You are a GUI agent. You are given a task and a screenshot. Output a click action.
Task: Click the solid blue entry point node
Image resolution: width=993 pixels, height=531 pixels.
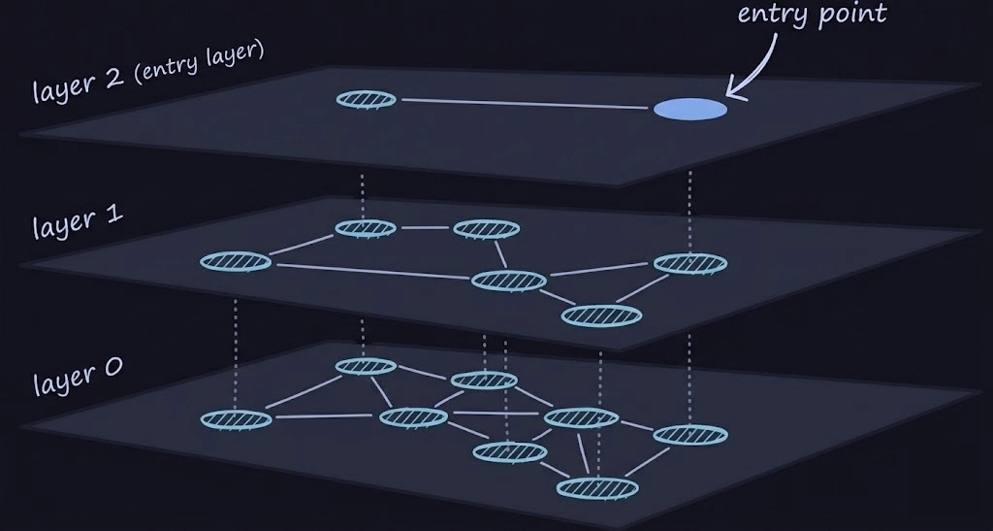click(x=689, y=109)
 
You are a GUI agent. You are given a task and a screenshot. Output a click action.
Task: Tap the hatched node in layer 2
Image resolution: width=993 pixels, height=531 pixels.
click(x=366, y=99)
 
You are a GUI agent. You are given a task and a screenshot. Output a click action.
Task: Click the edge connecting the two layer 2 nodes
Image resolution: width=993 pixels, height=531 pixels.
click(x=524, y=104)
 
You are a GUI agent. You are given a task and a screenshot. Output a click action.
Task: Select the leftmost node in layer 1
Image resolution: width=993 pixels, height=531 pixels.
click(x=235, y=261)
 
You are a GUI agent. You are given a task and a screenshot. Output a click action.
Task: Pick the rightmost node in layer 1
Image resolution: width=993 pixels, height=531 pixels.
click(x=690, y=262)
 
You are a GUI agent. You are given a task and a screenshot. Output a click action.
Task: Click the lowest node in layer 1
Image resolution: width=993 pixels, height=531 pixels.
click(x=601, y=315)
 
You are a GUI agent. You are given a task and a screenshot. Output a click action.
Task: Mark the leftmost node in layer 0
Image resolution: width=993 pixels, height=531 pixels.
click(x=236, y=419)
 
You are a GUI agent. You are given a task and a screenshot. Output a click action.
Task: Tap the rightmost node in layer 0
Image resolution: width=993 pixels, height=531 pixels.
click(x=690, y=434)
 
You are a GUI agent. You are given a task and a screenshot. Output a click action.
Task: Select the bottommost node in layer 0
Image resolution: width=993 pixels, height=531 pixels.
click(x=597, y=486)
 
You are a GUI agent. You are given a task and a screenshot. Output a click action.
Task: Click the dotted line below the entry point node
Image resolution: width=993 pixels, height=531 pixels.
click(x=689, y=209)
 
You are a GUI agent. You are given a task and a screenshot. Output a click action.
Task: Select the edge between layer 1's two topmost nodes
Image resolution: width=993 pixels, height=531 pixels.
click(x=425, y=229)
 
